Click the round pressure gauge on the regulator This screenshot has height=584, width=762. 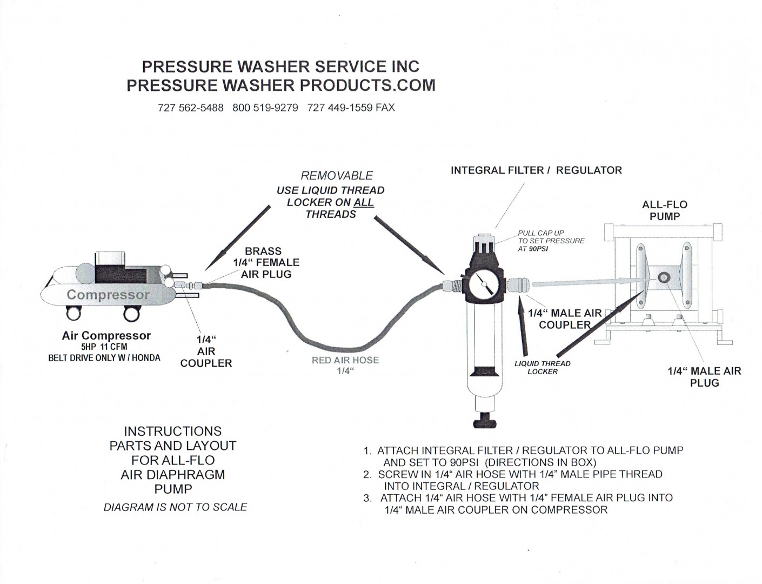[x=485, y=283]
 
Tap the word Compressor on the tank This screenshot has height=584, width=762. [x=108, y=295]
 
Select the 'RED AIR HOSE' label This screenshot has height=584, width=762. [x=345, y=360]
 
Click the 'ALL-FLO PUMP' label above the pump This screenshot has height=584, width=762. [x=664, y=210]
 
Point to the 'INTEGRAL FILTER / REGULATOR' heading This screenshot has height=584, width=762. [x=536, y=170]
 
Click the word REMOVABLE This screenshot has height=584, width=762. [x=337, y=176]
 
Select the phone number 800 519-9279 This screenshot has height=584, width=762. [x=265, y=108]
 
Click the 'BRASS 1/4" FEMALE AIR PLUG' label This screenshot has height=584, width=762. [x=265, y=263]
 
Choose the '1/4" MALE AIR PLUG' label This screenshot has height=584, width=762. [x=704, y=377]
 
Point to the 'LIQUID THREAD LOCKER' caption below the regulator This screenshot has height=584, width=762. [x=542, y=368]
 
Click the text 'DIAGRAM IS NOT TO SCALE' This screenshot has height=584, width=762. [x=175, y=507]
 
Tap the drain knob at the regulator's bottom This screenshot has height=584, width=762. [x=485, y=421]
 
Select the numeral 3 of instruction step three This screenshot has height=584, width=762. [x=367, y=498]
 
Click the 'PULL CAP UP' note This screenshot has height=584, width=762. [x=541, y=233]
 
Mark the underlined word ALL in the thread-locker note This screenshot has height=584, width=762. [x=364, y=202]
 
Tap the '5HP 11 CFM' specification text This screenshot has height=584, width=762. [x=104, y=347]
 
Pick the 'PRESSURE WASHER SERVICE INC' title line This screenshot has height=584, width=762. [x=280, y=67]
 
